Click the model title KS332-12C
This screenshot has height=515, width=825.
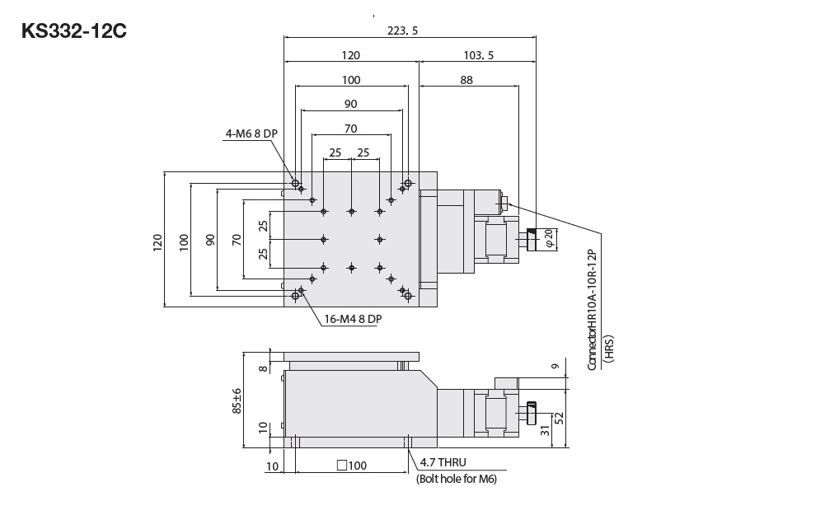point(74,31)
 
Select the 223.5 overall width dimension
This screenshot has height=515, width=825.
point(402,30)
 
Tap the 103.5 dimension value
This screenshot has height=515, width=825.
point(479,55)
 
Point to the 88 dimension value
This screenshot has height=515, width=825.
point(466,80)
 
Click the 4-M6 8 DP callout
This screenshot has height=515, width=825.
point(251,133)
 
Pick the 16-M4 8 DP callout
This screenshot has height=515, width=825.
point(353,319)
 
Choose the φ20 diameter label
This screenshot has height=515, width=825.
point(549,238)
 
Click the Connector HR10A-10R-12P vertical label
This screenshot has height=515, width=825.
point(593,310)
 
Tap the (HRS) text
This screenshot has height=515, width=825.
point(609,349)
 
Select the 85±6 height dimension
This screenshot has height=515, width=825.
point(237,400)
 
